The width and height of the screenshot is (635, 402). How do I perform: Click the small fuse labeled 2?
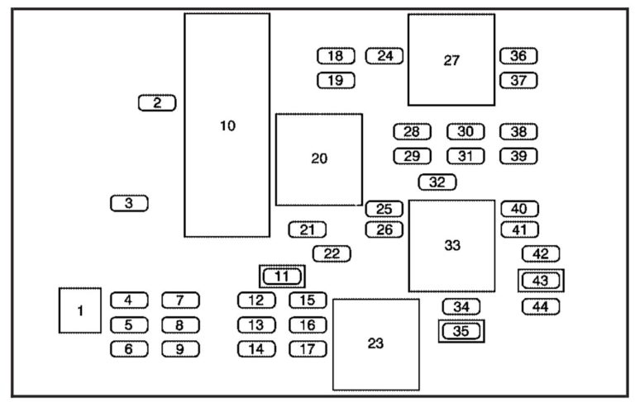tap(157, 103)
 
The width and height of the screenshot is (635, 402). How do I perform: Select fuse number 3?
tap(128, 202)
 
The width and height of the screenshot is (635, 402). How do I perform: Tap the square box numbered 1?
tap(80, 310)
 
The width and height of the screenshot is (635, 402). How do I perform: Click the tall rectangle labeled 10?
tap(227, 125)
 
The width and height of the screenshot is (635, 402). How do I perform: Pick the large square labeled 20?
tap(319, 158)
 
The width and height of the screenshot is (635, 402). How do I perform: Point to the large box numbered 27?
tap(451, 59)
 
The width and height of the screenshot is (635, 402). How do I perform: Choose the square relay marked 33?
tap(451, 245)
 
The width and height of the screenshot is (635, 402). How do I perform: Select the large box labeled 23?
tap(375, 343)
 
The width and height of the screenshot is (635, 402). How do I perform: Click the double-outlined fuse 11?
tap(282, 277)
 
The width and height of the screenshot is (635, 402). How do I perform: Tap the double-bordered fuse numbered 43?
tap(541, 281)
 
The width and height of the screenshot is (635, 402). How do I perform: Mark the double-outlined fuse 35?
tap(461, 332)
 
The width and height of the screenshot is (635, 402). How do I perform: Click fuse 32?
tap(437, 182)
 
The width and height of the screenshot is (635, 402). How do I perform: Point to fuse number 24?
tap(384, 56)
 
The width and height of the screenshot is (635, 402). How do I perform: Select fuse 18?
tap(335, 56)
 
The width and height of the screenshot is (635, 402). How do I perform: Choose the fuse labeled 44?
tap(541, 306)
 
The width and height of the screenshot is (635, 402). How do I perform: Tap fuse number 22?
tap(332, 253)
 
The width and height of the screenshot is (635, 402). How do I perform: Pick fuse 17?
tap(308, 348)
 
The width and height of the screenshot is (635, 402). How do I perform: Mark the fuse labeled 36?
tap(518, 56)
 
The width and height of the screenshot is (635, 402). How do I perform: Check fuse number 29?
tap(412, 156)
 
